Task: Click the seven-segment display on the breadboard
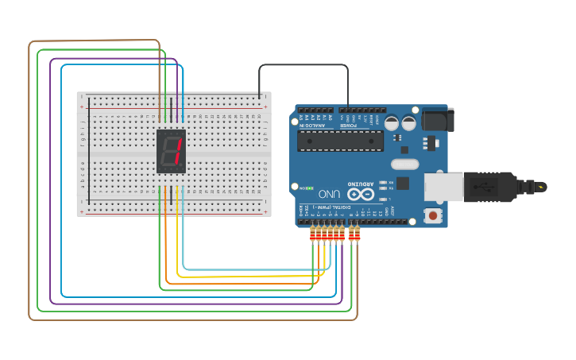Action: coord(172,151)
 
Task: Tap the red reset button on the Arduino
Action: coord(432,215)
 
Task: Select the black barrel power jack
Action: coord(437,120)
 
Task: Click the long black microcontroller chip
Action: coord(340,141)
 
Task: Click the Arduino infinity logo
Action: coord(359,194)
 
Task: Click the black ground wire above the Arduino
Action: coord(302,65)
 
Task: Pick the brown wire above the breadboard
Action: coord(95,41)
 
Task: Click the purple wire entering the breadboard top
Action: coord(170,107)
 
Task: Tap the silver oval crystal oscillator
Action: coord(404,165)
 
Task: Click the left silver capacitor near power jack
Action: coord(392,123)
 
